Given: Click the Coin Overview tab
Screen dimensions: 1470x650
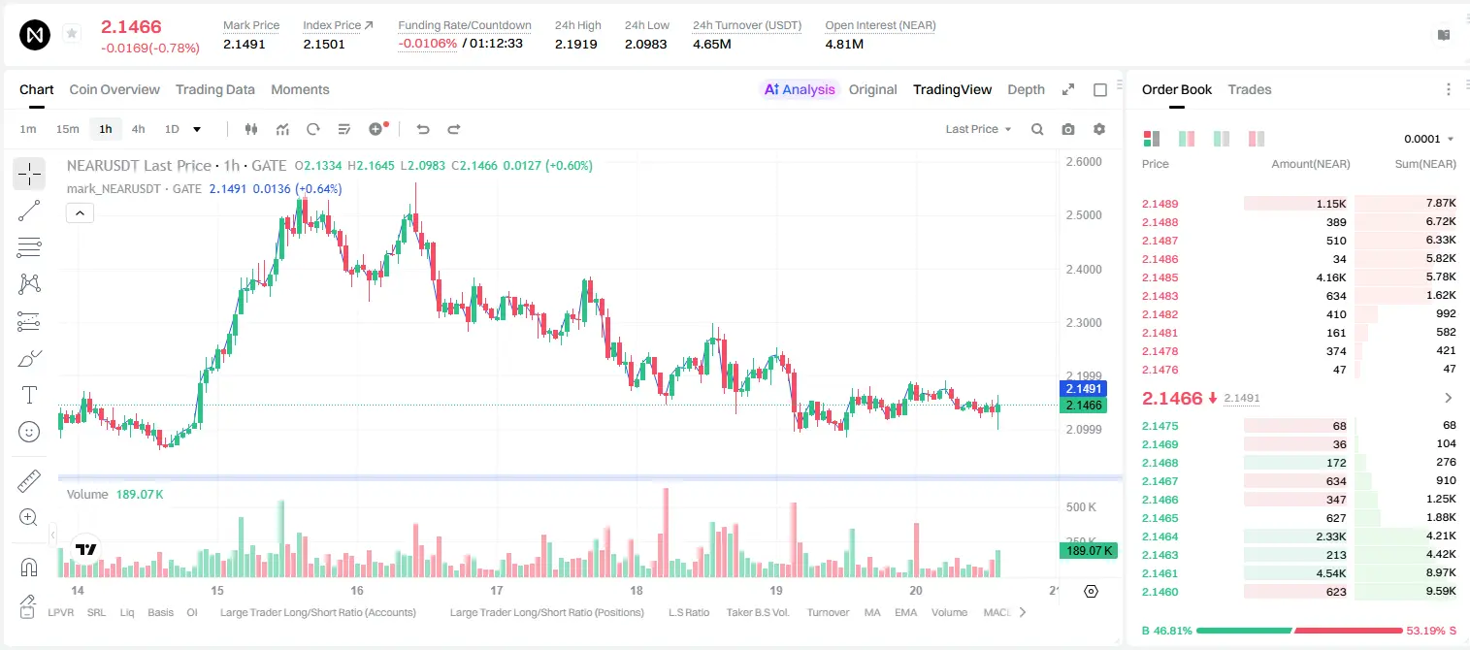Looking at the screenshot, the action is (x=114, y=89).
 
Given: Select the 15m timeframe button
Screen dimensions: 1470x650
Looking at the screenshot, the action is (x=67, y=129).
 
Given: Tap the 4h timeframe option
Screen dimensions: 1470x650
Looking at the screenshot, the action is (x=138, y=129).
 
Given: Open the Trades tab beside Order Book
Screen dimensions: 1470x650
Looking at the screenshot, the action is (x=1249, y=89).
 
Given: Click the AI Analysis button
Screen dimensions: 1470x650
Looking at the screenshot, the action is (x=800, y=89).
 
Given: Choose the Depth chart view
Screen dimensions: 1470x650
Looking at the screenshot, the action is (x=1026, y=89).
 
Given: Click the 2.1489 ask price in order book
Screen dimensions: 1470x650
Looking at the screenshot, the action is (x=1160, y=204).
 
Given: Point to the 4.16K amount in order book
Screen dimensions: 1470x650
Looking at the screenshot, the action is (x=1331, y=277).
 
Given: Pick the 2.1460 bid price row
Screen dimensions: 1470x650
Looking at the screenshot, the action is (x=1160, y=592).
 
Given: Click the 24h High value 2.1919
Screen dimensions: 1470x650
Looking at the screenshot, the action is (x=575, y=44).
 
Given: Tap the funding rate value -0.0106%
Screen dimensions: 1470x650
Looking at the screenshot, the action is (x=427, y=44).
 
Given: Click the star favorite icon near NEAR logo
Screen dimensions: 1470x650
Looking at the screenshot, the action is (x=72, y=33).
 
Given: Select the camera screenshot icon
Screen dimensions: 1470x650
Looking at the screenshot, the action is (x=1068, y=129).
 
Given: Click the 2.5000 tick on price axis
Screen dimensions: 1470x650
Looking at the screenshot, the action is (x=1084, y=215).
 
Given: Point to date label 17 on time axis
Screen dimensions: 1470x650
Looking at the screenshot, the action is (x=496, y=590).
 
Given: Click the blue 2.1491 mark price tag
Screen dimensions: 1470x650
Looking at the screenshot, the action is (x=1083, y=389).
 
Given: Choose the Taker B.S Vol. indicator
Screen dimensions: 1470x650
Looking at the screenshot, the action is (x=757, y=612).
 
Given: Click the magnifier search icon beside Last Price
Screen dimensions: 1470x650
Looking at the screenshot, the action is (x=1037, y=129).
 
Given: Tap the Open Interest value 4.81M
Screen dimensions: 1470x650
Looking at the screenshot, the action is (x=844, y=44).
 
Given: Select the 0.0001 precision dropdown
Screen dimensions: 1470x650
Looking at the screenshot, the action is (x=1428, y=139).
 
